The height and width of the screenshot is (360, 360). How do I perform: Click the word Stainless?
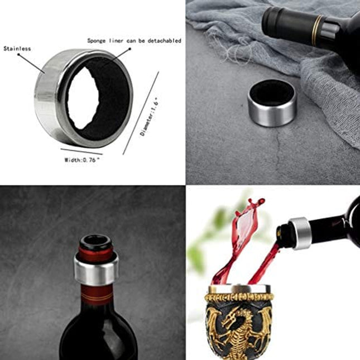pos(16,49)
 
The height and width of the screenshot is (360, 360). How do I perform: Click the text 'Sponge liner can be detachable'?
pos(134,41)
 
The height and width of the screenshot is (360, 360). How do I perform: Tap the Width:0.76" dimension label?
pos(81,160)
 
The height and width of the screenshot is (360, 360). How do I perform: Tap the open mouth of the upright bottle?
pos(95,238)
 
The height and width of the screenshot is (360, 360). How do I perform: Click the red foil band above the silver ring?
pos(95,254)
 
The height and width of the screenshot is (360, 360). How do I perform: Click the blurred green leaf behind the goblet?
pos(197,257)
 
